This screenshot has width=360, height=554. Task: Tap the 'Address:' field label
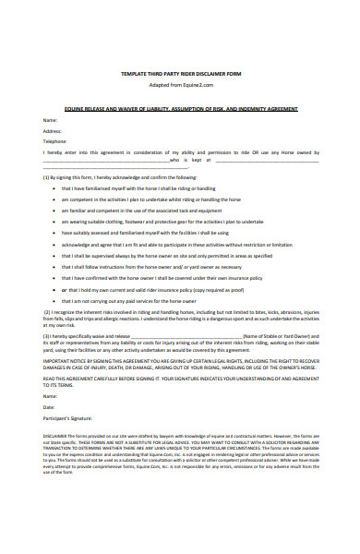(x=53, y=130)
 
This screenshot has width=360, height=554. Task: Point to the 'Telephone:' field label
(x=55, y=141)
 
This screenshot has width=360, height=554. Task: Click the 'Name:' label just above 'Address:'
(x=50, y=120)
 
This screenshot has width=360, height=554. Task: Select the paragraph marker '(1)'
(x=47, y=176)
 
